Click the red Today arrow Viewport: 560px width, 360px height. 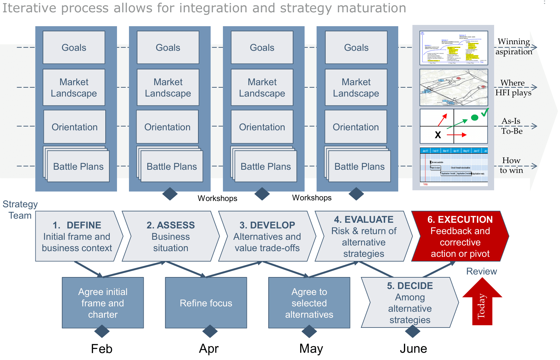(x=482, y=304)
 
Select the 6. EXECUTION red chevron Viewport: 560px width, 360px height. (x=460, y=236)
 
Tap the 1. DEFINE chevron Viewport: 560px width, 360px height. (x=77, y=236)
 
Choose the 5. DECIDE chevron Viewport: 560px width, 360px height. (x=410, y=303)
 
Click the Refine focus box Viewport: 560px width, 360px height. (x=206, y=303)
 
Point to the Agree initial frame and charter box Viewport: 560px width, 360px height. (x=103, y=303)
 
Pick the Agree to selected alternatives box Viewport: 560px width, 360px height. (x=309, y=303)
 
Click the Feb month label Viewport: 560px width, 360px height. (x=102, y=349)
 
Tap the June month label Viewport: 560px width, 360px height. (x=413, y=349)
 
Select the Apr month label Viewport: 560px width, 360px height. (x=209, y=349)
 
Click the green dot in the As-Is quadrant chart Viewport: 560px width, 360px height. (x=474, y=118)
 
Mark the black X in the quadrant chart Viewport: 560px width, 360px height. (x=438, y=135)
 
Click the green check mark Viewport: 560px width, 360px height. (x=485, y=112)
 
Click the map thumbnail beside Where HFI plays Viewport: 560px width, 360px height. (x=454, y=87)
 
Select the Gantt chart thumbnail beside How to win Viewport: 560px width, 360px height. (x=454, y=166)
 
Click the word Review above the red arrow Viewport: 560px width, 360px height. (x=481, y=271)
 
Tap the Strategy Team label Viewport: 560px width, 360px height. (x=20, y=210)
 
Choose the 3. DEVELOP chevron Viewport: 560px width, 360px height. (x=267, y=236)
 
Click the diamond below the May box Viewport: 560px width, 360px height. (x=309, y=331)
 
